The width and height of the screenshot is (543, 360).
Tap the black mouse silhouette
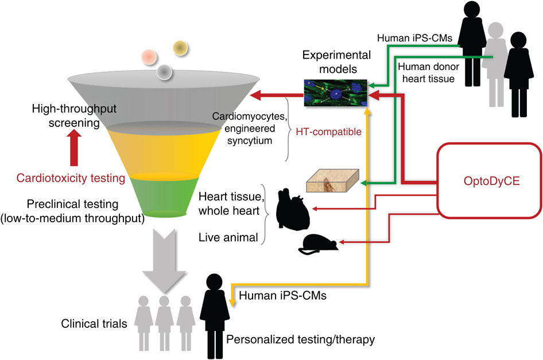point(317,243)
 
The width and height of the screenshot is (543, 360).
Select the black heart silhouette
point(292,208)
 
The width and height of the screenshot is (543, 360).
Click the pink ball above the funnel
point(148,58)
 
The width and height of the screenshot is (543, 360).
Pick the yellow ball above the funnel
point(181,48)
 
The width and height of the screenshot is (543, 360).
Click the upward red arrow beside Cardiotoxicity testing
point(73,152)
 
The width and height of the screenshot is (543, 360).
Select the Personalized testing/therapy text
point(301,340)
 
